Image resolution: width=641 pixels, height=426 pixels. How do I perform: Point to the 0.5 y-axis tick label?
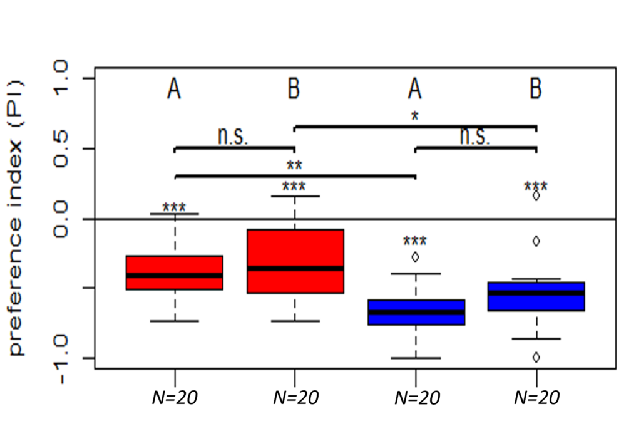(63, 149)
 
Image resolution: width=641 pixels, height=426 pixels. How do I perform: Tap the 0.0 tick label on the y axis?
(63, 219)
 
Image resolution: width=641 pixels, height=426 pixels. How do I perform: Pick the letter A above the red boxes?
(174, 90)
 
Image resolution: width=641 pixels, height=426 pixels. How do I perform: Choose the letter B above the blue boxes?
(536, 90)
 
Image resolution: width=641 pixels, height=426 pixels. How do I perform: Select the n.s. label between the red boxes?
(233, 137)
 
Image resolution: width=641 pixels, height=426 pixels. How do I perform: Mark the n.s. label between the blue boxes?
(474, 137)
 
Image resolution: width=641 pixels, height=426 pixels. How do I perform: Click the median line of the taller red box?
(295, 268)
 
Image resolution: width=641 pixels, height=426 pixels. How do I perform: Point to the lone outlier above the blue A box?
(415, 256)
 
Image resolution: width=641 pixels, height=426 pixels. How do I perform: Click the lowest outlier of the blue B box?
(536, 357)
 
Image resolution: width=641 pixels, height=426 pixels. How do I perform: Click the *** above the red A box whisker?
(174, 208)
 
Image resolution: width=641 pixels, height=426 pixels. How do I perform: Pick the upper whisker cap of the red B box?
(295, 196)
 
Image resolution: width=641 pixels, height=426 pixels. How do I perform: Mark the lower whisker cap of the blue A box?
(415, 358)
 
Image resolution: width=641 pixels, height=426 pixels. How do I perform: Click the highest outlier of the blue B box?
(536, 195)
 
